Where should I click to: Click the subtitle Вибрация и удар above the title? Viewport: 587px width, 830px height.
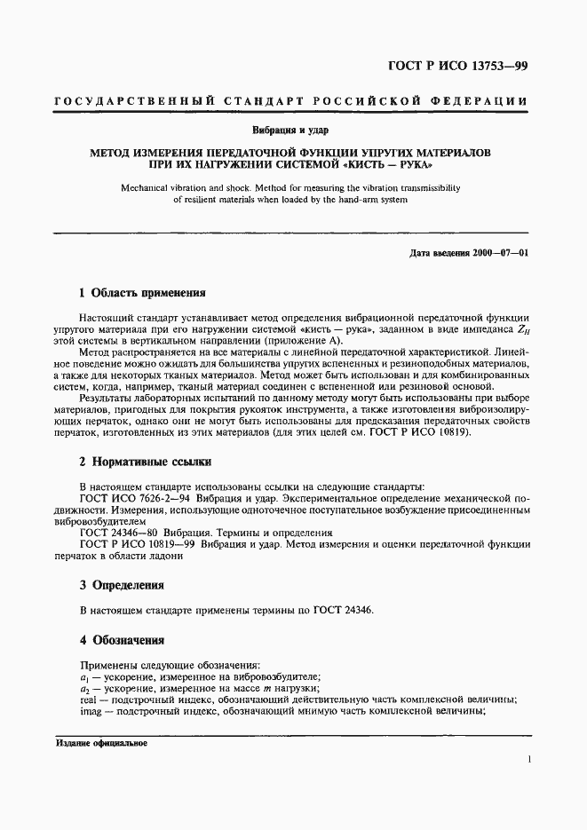(x=293, y=130)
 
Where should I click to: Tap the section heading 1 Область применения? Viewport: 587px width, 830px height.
(x=142, y=292)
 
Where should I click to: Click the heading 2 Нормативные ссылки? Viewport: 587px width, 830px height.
(x=146, y=462)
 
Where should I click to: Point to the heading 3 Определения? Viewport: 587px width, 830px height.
(x=122, y=586)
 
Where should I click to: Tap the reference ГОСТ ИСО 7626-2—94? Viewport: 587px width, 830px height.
(x=138, y=499)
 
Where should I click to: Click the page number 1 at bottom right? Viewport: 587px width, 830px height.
(x=528, y=760)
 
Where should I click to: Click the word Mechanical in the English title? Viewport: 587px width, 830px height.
(x=165, y=188)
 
